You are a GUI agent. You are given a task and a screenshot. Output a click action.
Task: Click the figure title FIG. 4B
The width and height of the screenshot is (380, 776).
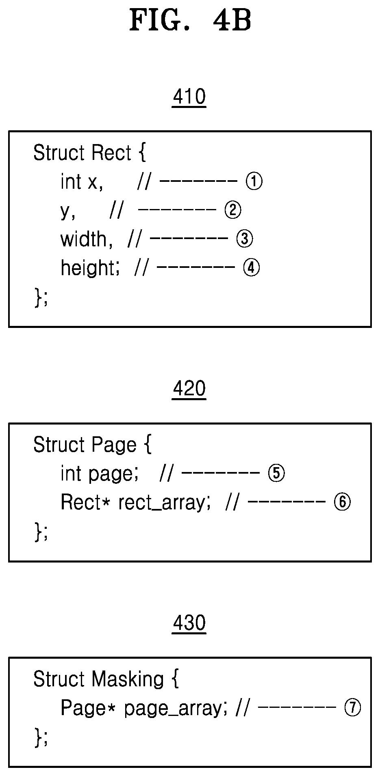click(x=190, y=21)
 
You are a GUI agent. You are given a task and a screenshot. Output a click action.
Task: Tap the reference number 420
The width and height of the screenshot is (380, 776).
click(x=189, y=389)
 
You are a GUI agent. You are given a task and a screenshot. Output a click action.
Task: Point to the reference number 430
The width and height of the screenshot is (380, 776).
click(x=189, y=623)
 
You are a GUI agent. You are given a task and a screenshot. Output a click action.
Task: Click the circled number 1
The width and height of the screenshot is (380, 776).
click(x=254, y=181)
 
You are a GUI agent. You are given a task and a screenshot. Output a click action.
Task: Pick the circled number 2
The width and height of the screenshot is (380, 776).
click(x=233, y=210)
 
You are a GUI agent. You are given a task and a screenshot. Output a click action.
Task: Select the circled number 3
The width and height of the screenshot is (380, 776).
click(x=245, y=239)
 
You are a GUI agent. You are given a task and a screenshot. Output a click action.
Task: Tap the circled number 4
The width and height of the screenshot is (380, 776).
click(x=251, y=267)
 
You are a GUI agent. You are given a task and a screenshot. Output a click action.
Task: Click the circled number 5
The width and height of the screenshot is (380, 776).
click(x=276, y=473)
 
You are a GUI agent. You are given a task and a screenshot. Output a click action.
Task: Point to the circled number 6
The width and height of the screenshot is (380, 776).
click(x=342, y=502)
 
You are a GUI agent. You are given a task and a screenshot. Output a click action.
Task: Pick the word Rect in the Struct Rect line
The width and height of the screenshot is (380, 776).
click(x=111, y=153)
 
